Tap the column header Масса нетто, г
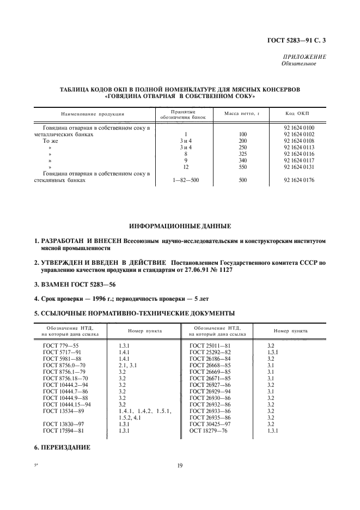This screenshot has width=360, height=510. pos(240,114)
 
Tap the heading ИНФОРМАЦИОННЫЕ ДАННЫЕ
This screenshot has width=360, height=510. pos(180,226)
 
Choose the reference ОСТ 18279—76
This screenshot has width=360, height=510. pos(208,430)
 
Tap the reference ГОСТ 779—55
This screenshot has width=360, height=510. pos(58,345)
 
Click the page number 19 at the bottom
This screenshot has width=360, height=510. pos(180,465)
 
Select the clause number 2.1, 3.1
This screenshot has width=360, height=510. pos(127,365)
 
